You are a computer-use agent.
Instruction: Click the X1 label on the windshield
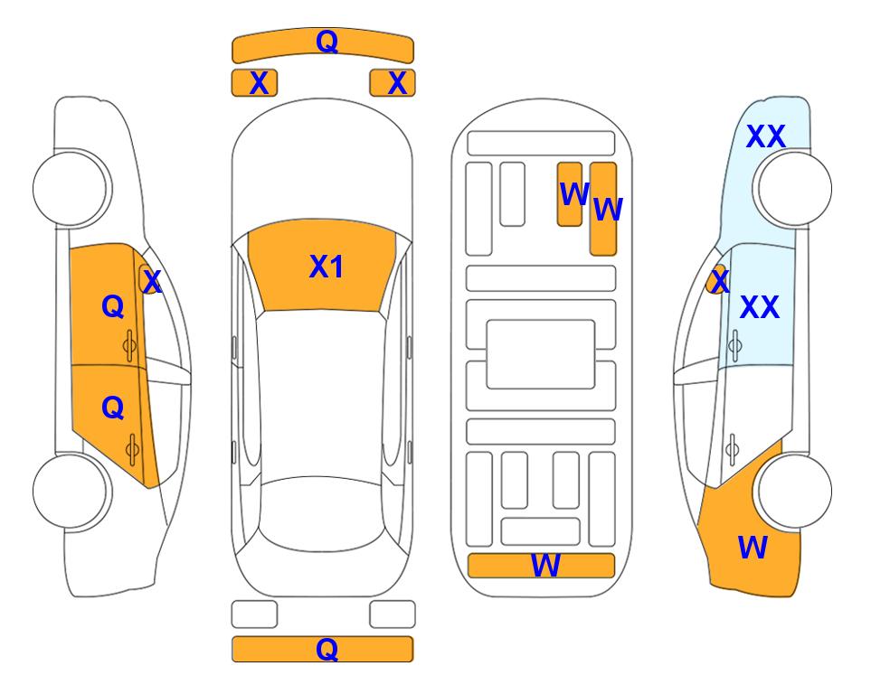(x=327, y=267)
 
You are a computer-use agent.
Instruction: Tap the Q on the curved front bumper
(x=327, y=42)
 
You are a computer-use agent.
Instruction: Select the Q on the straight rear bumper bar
(x=327, y=649)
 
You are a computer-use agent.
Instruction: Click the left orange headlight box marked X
(x=254, y=83)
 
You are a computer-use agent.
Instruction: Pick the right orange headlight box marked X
(x=393, y=83)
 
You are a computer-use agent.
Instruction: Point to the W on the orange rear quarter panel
(x=753, y=548)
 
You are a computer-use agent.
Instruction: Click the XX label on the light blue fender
(x=765, y=136)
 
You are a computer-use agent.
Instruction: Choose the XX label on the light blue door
(x=760, y=307)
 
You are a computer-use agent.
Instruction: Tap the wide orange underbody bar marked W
(x=541, y=565)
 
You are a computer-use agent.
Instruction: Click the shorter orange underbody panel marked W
(x=570, y=193)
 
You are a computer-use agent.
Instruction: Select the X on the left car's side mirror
(x=152, y=282)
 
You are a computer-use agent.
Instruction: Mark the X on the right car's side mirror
(x=720, y=280)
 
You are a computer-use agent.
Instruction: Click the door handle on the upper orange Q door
(x=129, y=346)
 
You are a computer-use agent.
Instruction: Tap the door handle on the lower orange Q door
(x=132, y=450)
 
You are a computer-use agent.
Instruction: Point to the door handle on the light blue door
(x=735, y=345)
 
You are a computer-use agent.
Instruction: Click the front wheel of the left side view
(x=71, y=189)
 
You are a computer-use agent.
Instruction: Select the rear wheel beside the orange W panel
(x=795, y=491)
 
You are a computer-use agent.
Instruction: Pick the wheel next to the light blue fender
(x=795, y=189)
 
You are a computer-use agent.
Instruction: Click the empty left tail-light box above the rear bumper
(x=254, y=614)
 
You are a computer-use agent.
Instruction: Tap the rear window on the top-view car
(x=322, y=513)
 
